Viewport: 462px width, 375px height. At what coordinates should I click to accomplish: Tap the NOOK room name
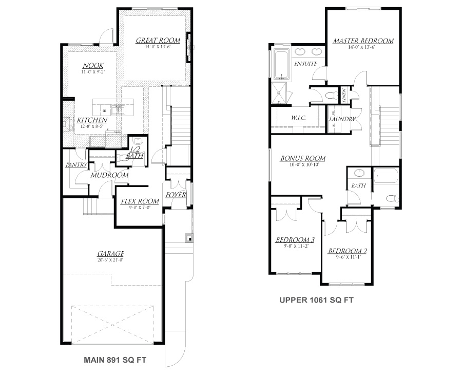[93, 66]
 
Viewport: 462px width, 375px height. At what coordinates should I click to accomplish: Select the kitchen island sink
[118, 109]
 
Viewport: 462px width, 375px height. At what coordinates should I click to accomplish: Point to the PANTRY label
[75, 165]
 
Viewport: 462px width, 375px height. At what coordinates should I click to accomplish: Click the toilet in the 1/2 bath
[137, 142]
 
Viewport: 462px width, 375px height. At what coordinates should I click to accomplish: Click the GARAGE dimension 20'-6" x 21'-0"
[111, 260]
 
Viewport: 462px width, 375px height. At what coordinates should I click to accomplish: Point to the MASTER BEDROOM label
[362, 41]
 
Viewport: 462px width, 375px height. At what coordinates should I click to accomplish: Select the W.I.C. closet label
[298, 118]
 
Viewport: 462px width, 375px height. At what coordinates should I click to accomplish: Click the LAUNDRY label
[342, 119]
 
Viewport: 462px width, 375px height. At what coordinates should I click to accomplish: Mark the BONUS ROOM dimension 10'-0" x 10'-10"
[302, 165]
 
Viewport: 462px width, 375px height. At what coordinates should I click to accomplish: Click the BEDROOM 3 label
[295, 240]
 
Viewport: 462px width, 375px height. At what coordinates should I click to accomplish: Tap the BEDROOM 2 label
[347, 251]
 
